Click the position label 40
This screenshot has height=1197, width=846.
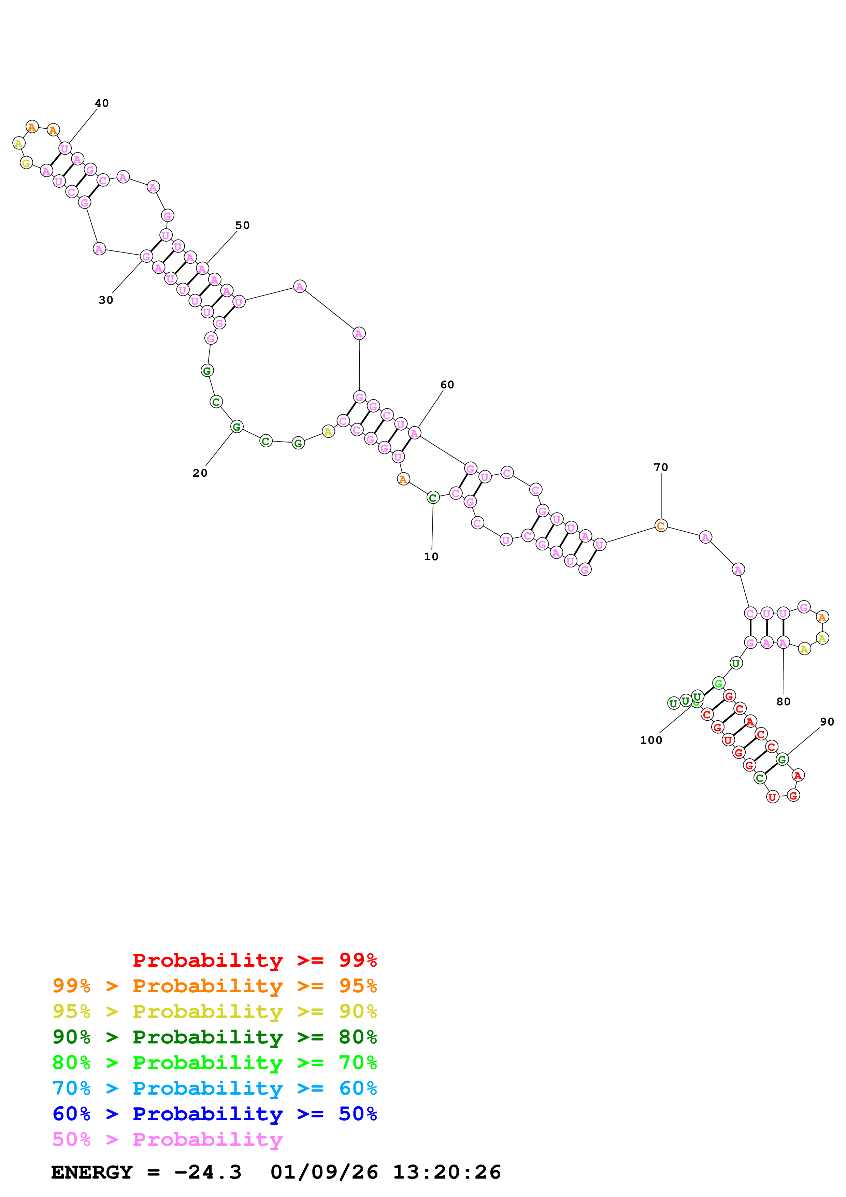click(102, 103)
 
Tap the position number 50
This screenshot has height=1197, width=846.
click(242, 225)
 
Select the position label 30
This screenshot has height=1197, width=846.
click(106, 300)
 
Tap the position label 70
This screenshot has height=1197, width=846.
click(661, 467)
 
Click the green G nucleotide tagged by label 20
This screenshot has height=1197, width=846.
click(236, 427)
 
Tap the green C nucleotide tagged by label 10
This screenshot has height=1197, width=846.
click(433, 498)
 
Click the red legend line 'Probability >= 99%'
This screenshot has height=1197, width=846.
click(254, 960)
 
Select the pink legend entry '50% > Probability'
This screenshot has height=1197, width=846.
click(167, 1140)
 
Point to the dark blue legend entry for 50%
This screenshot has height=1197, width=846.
click(214, 1114)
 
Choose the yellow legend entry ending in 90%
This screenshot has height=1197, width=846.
click(214, 1011)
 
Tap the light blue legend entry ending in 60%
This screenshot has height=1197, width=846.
click(214, 1088)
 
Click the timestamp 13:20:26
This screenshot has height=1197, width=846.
click(447, 1172)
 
